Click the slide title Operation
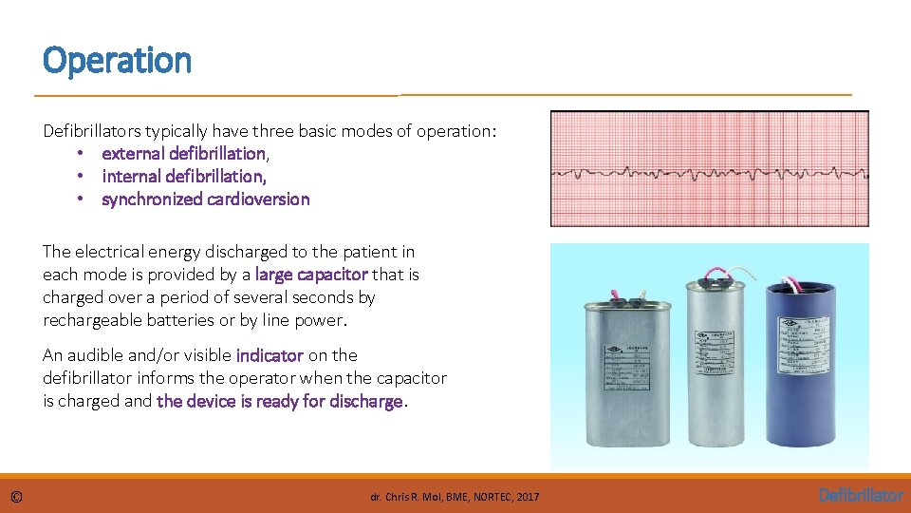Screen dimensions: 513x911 [x=117, y=61]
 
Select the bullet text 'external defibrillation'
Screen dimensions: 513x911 [x=183, y=153]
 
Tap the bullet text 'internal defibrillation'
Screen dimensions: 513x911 [x=182, y=176]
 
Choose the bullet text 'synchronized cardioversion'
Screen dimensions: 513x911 [x=205, y=199]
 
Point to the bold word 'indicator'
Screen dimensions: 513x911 [x=270, y=355]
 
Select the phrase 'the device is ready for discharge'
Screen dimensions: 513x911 [x=280, y=401]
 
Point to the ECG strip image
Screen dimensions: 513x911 [x=709, y=169]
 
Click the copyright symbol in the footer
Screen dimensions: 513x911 [x=17, y=496]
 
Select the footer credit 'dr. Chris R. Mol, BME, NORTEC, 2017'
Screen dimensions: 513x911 [x=455, y=497]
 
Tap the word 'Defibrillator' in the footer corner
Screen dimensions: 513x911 [x=861, y=495]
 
